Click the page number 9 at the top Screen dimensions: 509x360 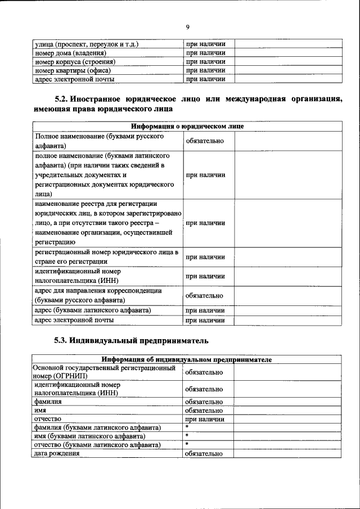[187, 27]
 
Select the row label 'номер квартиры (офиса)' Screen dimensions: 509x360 [73, 70]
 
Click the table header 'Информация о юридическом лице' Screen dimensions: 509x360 [187, 127]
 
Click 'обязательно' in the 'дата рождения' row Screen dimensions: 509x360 [205, 453]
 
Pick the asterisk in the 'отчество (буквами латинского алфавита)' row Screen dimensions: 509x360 [187, 444]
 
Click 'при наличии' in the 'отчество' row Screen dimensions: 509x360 [205, 419]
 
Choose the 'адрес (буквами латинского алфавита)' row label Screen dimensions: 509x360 [92, 310]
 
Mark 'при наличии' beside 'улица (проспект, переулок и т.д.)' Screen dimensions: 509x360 [205, 43]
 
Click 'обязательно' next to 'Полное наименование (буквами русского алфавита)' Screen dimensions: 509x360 [205, 141]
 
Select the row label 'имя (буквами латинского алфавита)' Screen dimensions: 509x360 [89, 436]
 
